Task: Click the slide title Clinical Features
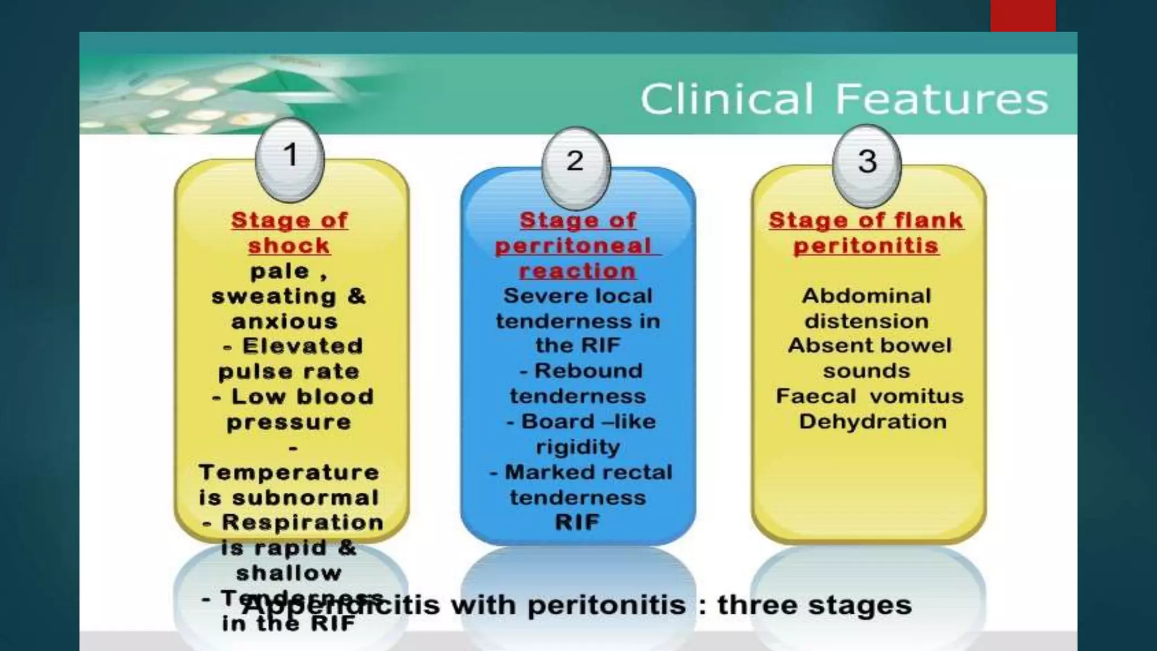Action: point(844,99)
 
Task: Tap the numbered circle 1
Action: point(290,155)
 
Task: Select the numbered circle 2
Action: point(575,162)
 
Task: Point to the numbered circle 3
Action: point(867,162)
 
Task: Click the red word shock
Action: point(289,246)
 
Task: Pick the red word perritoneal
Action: point(574,246)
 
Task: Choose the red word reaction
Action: point(577,271)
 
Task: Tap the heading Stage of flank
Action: point(866,220)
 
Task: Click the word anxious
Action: point(285,322)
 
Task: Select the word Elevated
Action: point(303,346)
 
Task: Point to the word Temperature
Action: point(289,472)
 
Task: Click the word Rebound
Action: point(588,371)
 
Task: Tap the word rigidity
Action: point(577,447)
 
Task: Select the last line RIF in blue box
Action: point(577,523)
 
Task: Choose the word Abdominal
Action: point(866,296)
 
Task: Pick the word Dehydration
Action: point(872,422)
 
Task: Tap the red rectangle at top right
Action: point(1023,15)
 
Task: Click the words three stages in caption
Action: point(814,605)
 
